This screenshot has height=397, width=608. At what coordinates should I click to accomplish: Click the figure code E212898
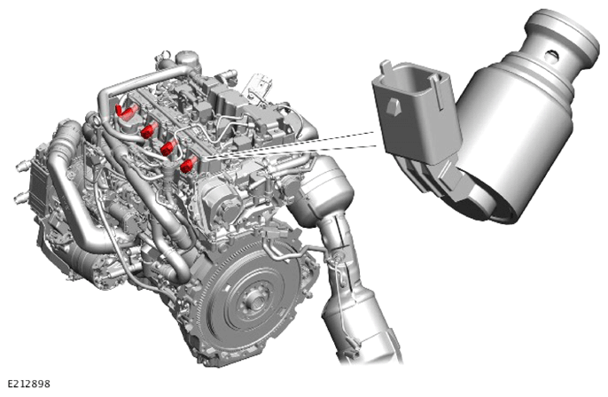(28, 384)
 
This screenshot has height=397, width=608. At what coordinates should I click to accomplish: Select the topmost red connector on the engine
(127, 110)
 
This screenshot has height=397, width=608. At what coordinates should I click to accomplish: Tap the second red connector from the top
(149, 130)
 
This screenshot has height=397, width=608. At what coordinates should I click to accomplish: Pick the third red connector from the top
(169, 148)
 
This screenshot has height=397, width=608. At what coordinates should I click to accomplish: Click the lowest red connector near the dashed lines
(189, 165)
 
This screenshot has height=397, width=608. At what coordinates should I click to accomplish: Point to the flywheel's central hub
(254, 299)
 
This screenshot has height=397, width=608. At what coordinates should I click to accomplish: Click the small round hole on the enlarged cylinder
(552, 56)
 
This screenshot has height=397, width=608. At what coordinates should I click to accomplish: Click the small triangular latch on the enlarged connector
(394, 105)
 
